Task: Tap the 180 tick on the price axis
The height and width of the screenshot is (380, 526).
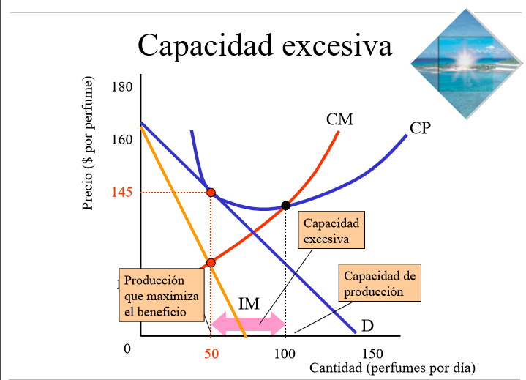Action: click(x=122, y=88)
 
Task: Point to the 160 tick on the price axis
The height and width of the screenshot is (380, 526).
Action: click(x=122, y=139)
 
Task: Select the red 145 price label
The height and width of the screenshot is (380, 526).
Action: click(x=121, y=193)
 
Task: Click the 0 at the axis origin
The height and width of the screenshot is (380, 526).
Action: click(x=127, y=349)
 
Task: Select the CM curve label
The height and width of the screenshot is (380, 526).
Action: click(x=339, y=119)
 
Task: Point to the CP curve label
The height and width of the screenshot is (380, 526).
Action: click(x=420, y=129)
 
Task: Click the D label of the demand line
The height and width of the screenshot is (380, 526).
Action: click(x=367, y=324)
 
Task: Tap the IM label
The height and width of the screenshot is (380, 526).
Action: click(x=249, y=303)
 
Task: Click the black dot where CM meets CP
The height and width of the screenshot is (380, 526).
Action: click(x=285, y=206)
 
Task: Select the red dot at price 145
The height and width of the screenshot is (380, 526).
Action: click(x=211, y=193)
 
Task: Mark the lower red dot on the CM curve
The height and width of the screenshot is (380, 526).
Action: click(x=211, y=262)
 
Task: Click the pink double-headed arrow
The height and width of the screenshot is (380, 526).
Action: click(x=248, y=323)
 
